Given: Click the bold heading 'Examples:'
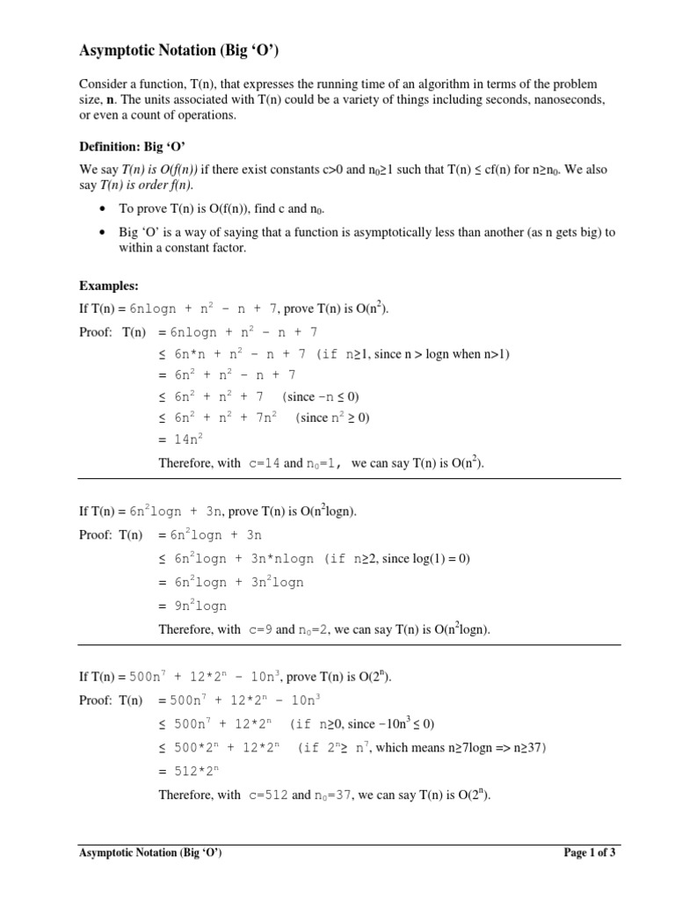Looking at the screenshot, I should tap(109, 286).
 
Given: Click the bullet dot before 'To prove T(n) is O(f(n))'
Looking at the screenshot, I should tap(103, 208).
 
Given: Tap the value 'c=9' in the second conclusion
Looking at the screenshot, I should tap(259, 628).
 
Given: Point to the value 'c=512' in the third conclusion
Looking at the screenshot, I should tap(266, 795).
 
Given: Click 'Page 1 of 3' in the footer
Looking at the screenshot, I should tap(589, 853).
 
